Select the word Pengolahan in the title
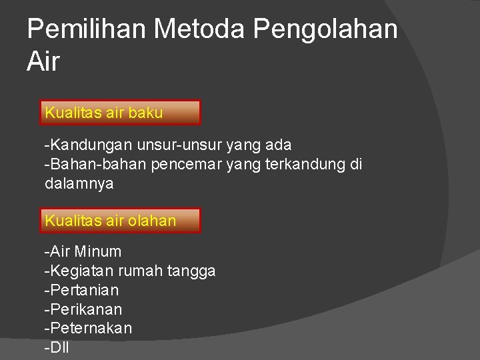click(327, 29)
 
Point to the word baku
click(145, 113)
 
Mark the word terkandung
click(305, 164)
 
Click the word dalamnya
click(79, 183)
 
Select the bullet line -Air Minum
click(83, 252)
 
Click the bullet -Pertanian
click(81, 291)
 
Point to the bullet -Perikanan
click(83, 310)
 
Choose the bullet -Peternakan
click(88, 329)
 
